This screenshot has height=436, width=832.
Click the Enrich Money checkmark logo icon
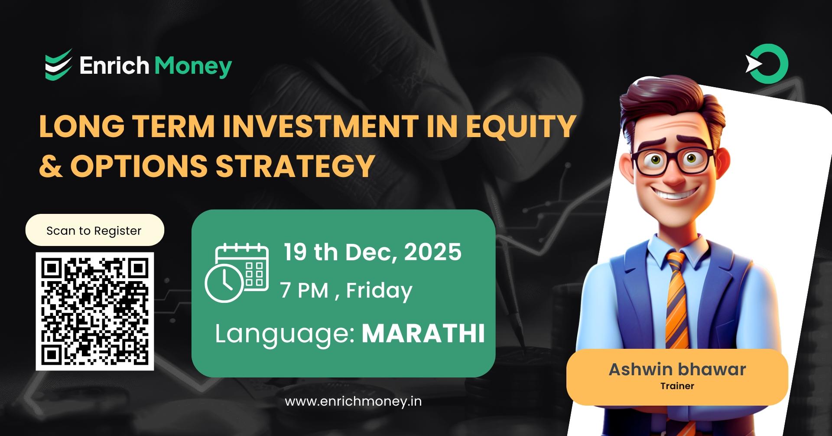point(58,65)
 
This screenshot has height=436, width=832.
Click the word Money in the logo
point(193,66)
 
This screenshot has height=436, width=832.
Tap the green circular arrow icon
point(767,64)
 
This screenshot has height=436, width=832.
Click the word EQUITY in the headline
point(520,126)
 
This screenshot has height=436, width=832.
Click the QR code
point(94,311)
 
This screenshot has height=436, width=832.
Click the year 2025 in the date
point(432,252)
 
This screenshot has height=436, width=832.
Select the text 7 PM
point(304,290)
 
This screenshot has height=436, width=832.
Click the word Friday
point(379,290)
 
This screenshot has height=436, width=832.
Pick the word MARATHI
point(423,333)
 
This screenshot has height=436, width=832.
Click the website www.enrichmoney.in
point(353,401)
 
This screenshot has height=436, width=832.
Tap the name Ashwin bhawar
point(677,369)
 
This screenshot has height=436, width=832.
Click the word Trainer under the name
point(677,386)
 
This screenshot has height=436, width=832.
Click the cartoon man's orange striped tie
point(677,299)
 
